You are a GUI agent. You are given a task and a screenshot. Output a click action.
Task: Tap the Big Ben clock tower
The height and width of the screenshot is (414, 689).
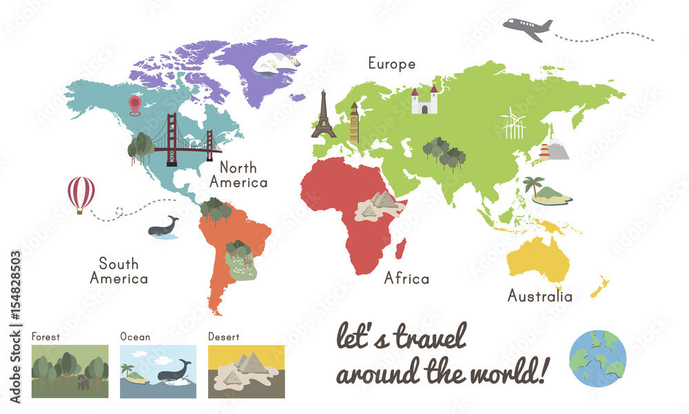click(x=354, y=124)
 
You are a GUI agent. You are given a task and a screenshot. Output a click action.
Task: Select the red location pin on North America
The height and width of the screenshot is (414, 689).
click(x=134, y=105)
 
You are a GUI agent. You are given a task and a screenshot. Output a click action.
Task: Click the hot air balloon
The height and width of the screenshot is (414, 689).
click(x=81, y=194)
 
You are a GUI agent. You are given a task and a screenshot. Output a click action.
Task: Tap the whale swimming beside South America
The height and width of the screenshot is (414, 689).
click(x=163, y=227)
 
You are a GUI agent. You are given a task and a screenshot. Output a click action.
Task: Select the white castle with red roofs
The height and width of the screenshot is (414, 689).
click(x=424, y=101)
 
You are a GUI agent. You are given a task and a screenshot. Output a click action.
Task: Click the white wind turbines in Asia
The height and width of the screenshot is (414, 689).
click(x=513, y=124)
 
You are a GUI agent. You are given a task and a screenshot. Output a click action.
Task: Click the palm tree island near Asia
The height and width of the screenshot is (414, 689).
click(x=548, y=193)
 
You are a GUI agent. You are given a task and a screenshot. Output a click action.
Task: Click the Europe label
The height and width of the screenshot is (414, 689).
click(x=391, y=64)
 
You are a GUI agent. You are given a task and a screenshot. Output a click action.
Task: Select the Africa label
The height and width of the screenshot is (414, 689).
click(x=407, y=279)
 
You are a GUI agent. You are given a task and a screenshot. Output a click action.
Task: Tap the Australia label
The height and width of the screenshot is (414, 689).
click(x=539, y=297)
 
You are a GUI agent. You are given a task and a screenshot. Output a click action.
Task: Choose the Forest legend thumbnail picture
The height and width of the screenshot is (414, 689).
click(x=70, y=371)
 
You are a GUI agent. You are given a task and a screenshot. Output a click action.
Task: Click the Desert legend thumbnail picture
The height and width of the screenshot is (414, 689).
click(x=246, y=371)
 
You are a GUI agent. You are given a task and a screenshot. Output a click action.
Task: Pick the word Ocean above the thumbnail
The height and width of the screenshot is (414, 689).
click(x=134, y=337)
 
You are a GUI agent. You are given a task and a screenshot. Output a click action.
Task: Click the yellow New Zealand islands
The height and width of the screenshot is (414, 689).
click(x=599, y=286)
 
